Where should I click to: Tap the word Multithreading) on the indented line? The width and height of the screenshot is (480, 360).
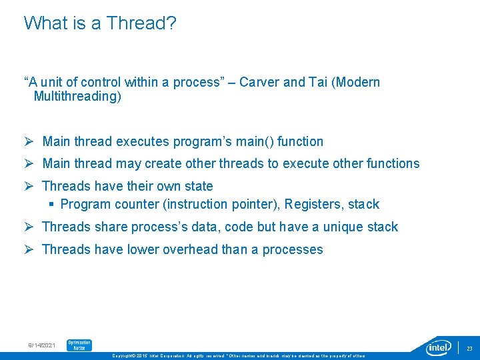(77, 97)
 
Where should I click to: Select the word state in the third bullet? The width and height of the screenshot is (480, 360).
(198, 186)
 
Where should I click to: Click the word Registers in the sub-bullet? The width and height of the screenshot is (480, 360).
(313, 204)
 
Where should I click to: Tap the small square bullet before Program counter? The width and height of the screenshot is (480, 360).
(51, 204)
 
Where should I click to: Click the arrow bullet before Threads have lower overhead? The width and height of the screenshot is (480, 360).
(29, 249)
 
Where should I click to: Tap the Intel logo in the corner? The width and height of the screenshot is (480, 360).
(439, 347)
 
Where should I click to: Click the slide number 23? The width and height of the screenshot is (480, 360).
(469, 348)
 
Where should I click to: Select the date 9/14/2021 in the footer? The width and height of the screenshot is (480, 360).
(42, 345)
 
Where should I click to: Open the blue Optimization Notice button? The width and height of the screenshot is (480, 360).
(79, 345)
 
